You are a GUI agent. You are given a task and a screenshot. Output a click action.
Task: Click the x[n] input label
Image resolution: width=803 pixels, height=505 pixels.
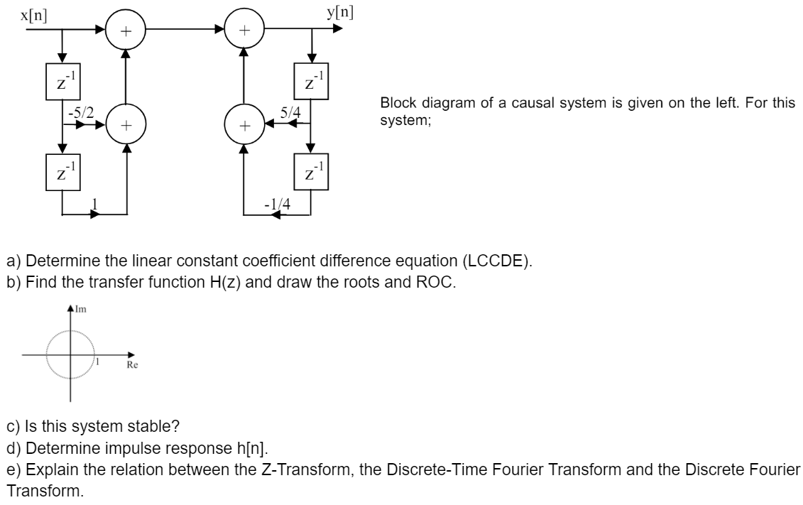tap(34, 14)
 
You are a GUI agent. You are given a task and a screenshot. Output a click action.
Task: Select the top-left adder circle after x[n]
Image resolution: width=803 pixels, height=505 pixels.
tap(126, 31)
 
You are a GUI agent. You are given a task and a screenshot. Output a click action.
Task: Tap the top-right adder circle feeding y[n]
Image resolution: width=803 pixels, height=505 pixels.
tap(244, 31)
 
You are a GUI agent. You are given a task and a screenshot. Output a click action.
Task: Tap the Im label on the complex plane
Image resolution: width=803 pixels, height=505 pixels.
tap(79, 310)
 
